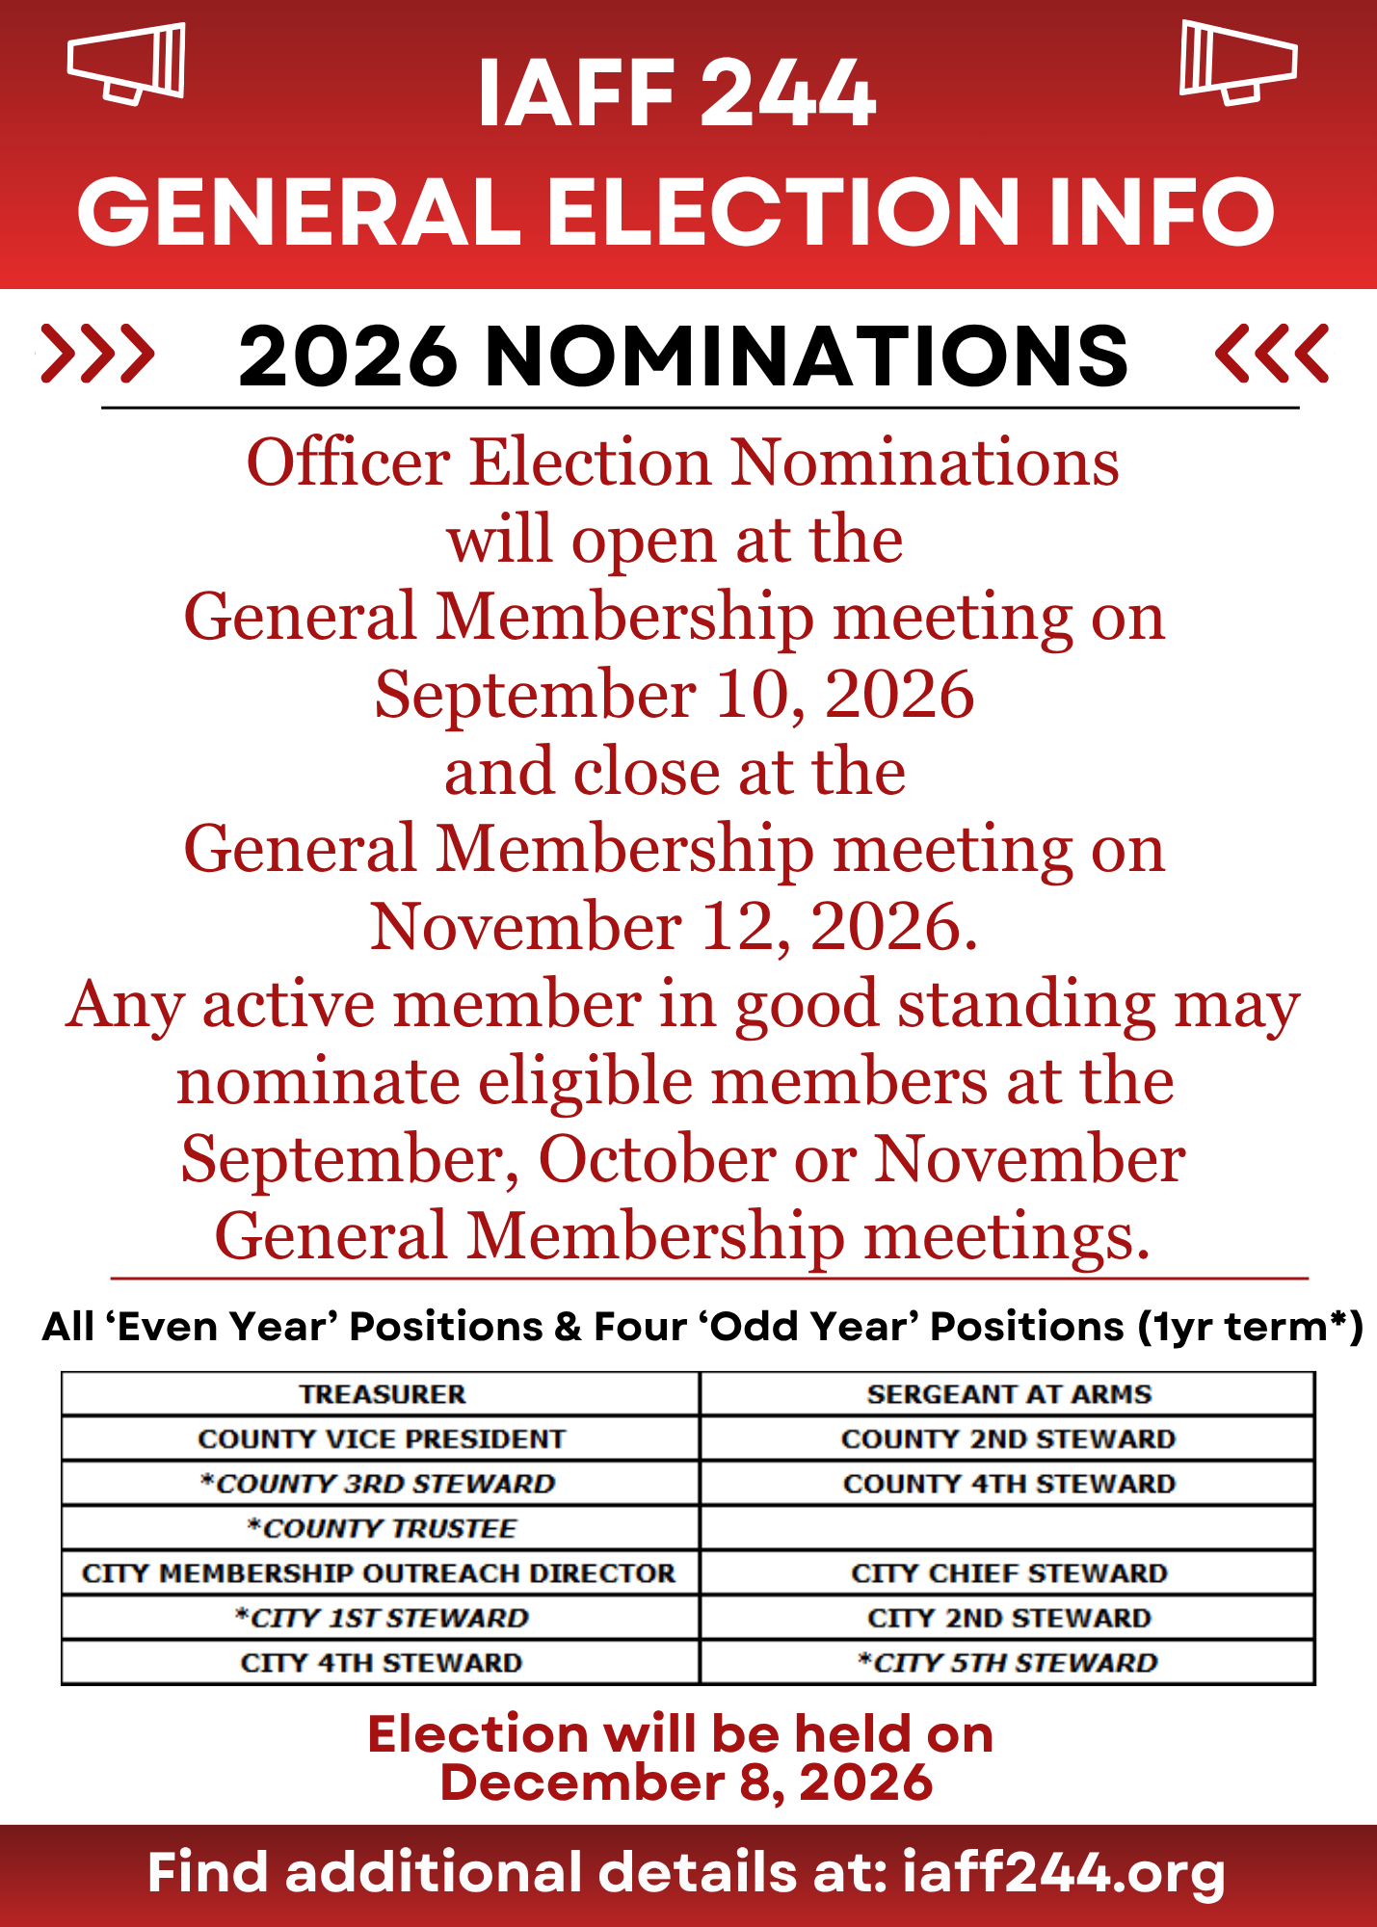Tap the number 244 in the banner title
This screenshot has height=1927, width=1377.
coord(786,93)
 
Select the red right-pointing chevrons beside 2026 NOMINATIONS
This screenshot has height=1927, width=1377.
coord(97,354)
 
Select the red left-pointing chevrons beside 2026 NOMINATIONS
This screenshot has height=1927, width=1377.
coord(1273,354)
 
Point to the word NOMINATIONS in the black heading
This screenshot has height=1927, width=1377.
coord(806,356)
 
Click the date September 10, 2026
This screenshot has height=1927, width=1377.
coord(675,695)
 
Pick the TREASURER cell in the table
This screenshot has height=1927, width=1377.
coord(381,1394)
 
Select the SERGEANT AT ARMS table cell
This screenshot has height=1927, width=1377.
coord(1008,1394)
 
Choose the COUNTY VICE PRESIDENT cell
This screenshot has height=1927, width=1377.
coord(381,1439)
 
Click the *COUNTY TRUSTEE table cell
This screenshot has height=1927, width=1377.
coord(381,1528)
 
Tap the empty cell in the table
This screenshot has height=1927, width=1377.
coord(1008,1528)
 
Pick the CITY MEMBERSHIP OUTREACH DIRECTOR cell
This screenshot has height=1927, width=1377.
coord(381,1572)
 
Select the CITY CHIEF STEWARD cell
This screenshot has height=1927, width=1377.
coord(1008,1572)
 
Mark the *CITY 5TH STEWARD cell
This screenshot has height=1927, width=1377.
coord(1008,1662)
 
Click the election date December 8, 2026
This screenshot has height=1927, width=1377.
coord(686,1782)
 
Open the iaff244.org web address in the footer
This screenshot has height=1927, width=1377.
coord(1064,1873)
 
